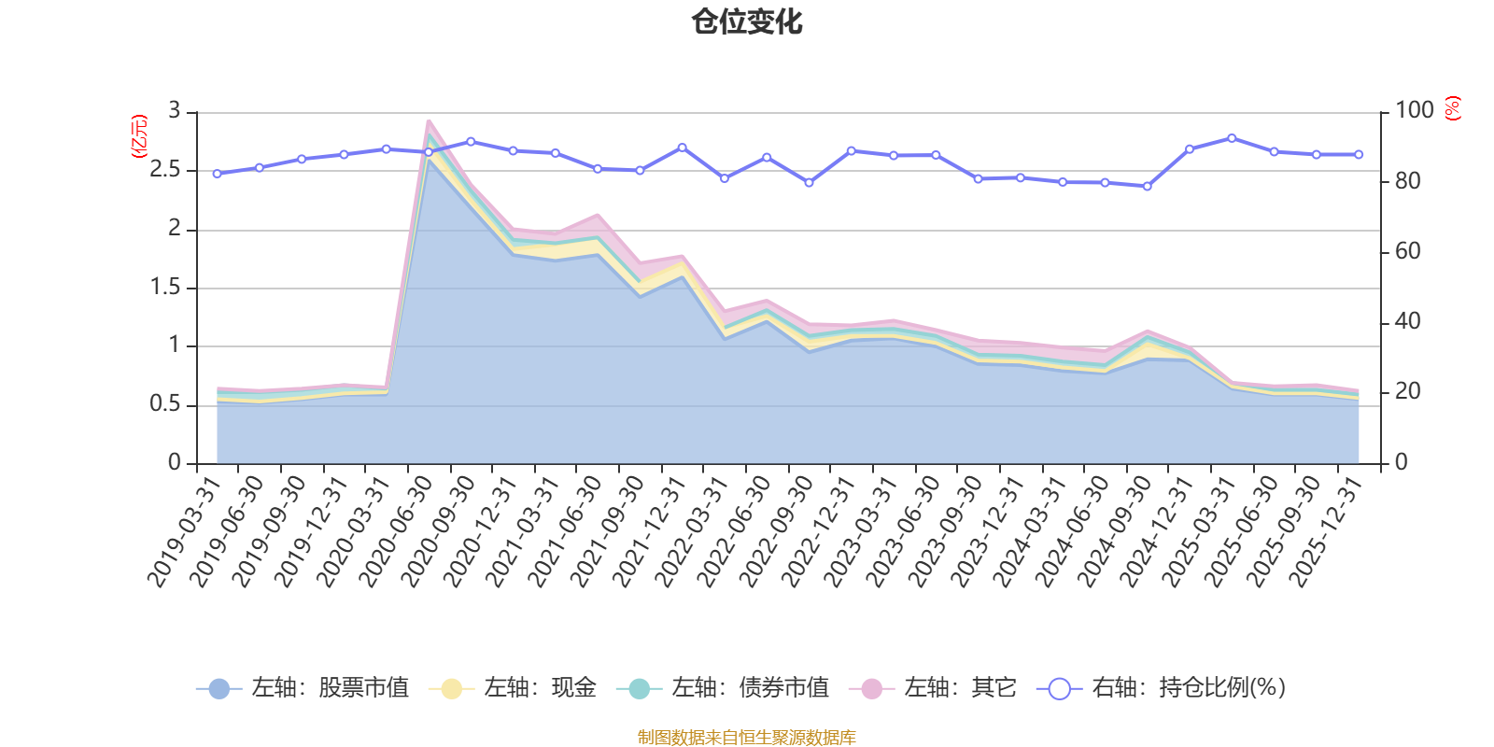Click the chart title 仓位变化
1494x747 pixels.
coord(747,21)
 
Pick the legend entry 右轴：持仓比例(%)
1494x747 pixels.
coord(1162,688)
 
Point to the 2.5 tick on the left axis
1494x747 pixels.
coord(165,170)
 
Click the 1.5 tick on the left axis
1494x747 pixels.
coord(165,288)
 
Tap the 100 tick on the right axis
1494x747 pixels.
coord(1414,110)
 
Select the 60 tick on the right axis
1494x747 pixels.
coord(1407,251)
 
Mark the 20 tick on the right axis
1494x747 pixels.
coord(1407,391)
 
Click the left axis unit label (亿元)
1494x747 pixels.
coord(139,136)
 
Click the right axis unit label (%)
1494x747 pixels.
coord(1452,108)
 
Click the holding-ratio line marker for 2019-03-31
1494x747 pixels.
coord(217,174)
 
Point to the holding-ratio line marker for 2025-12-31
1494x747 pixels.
coord(1359,154)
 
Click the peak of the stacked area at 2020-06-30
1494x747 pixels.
coord(429,120)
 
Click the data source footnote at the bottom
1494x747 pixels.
coord(747,738)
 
